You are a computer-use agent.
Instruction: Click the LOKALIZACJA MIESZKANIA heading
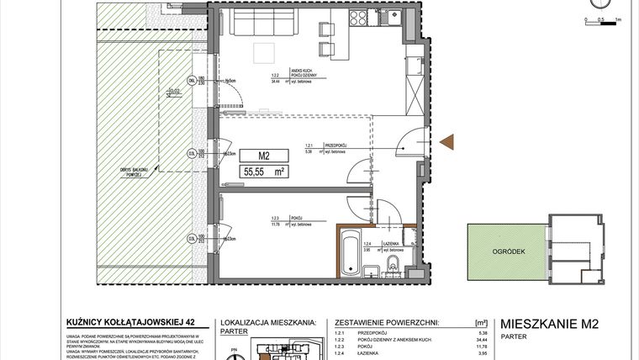267,321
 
